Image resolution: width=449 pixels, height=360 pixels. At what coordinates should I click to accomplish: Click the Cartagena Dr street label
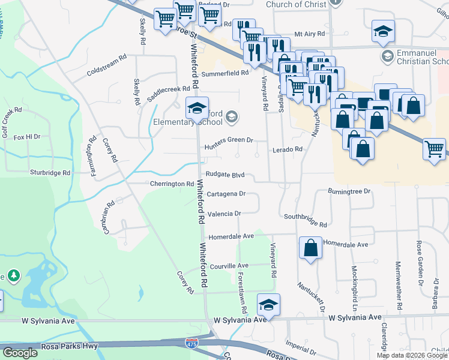click(x=226, y=194)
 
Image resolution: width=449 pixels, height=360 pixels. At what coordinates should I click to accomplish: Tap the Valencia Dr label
click(x=224, y=214)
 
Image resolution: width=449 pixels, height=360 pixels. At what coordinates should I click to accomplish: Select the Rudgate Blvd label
click(x=225, y=175)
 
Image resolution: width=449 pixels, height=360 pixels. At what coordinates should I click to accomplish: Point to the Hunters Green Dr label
click(x=228, y=140)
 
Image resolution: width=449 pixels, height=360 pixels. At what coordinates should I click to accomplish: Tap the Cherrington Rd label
click(x=172, y=184)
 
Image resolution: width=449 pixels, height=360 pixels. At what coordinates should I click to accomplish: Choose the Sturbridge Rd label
click(x=50, y=172)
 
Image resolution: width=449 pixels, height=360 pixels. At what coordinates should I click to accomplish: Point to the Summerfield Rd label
click(x=224, y=73)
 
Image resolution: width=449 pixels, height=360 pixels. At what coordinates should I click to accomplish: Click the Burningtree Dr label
click(x=350, y=191)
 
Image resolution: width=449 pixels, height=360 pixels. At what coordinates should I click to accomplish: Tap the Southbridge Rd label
click(x=306, y=220)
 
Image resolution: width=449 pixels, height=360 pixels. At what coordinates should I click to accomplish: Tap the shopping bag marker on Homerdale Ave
click(x=310, y=248)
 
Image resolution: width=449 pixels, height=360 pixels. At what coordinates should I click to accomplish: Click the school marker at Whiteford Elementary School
click(x=196, y=109)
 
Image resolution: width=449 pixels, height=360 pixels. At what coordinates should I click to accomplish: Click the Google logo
click(x=20, y=353)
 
